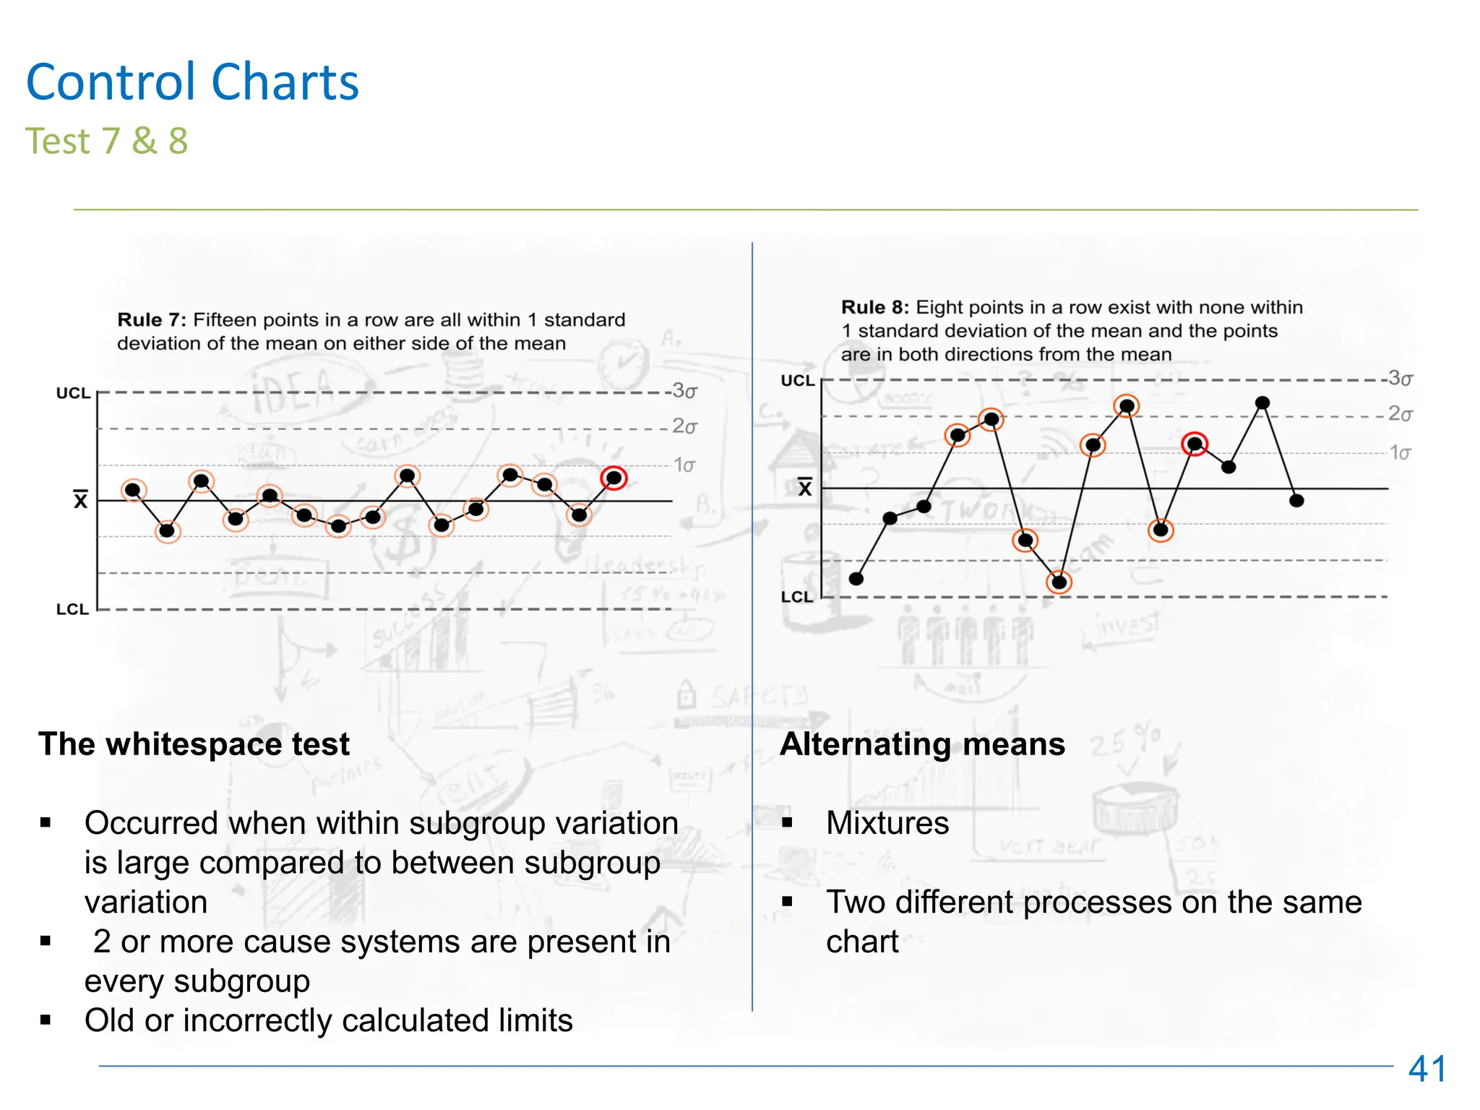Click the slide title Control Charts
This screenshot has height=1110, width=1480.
pyautogui.click(x=192, y=82)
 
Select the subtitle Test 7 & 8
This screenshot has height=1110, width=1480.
pyautogui.click(x=106, y=141)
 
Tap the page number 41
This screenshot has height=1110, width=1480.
pyautogui.click(x=1427, y=1069)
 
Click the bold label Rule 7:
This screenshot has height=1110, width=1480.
pyautogui.click(x=152, y=320)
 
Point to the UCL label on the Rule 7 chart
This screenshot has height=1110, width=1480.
pyautogui.click(x=73, y=393)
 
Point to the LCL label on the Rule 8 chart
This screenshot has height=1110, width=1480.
pyautogui.click(x=796, y=597)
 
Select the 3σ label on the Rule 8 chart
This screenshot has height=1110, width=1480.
pyautogui.click(x=1401, y=378)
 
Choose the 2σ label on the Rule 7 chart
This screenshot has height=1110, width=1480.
pyautogui.click(x=684, y=426)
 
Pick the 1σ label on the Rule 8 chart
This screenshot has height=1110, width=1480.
pyautogui.click(x=1400, y=453)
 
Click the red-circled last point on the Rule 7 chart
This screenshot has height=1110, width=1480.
pyautogui.click(x=614, y=478)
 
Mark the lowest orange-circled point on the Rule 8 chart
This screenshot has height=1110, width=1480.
pyautogui.click(x=1059, y=582)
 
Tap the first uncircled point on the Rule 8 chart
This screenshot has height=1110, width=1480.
pyautogui.click(x=856, y=578)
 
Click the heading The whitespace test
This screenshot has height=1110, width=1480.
pyautogui.click(x=194, y=744)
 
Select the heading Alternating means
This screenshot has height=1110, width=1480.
pyautogui.click(x=922, y=744)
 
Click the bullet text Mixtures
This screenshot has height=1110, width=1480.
pyautogui.click(x=887, y=823)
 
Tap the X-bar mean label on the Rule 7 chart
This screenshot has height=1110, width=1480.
pyautogui.click(x=80, y=499)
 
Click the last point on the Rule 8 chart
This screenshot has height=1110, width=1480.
pyautogui.click(x=1296, y=500)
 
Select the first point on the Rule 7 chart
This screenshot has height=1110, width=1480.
pyautogui.click(x=133, y=490)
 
